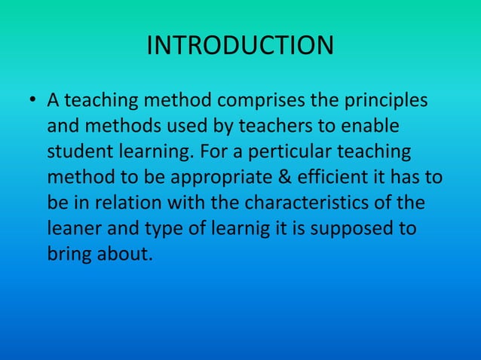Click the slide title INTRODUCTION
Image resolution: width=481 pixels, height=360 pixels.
pos(240,45)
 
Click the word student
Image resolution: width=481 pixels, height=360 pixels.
pos(82,151)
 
